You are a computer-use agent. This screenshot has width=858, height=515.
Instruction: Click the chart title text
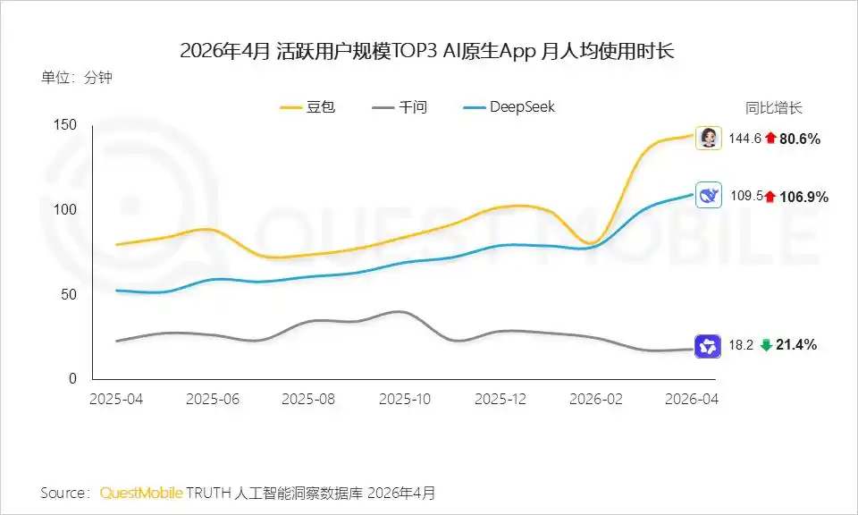pyautogui.click(x=427, y=52)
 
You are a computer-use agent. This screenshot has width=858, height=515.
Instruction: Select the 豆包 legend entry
pyautogui.click(x=307, y=106)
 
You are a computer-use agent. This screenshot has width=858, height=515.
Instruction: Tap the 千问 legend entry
pyautogui.click(x=400, y=106)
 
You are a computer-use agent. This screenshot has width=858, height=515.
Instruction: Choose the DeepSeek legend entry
pyautogui.click(x=509, y=106)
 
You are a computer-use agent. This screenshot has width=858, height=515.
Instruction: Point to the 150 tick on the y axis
pyautogui.click(x=65, y=125)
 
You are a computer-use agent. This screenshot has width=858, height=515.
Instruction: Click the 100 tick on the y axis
pyautogui.click(x=65, y=209)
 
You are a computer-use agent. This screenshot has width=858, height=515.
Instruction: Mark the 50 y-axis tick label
pyautogui.click(x=69, y=294)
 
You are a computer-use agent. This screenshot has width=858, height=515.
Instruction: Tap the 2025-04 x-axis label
pyautogui.click(x=116, y=399)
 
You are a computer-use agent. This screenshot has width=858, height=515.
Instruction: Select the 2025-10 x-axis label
pyautogui.click(x=405, y=399)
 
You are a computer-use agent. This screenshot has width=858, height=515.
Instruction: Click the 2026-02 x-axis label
pyautogui.click(x=596, y=399)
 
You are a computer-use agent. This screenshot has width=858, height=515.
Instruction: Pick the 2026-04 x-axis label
pyautogui.click(x=692, y=399)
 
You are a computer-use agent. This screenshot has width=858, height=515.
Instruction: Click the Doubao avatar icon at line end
pyautogui.click(x=709, y=138)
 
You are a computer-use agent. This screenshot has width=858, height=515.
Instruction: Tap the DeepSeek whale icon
pyautogui.click(x=709, y=195)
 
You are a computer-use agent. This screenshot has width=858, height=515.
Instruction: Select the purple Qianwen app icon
pyautogui.click(x=708, y=346)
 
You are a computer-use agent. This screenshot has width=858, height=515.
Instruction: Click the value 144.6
pyautogui.click(x=744, y=139)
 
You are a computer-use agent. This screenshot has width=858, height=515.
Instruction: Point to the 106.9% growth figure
pyautogui.click(x=803, y=197)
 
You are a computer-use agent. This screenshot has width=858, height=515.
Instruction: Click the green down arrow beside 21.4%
pyautogui.click(x=766, y=345)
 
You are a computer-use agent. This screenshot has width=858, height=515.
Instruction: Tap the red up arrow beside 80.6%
pyautogui.click(x=771, y=138)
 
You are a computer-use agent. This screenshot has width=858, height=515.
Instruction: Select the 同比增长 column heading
pyautogui.click(x=774, y=107)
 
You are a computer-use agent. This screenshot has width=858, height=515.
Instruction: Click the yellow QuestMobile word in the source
pyautogui.click(x=141, y=494)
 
